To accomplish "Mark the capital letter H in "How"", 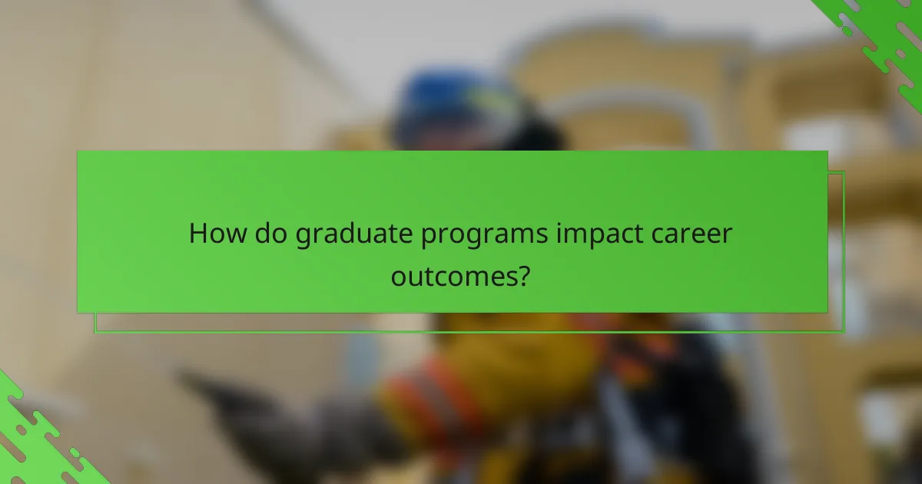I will click(x=199, y=234).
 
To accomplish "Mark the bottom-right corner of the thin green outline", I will click(x=844, y=332).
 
